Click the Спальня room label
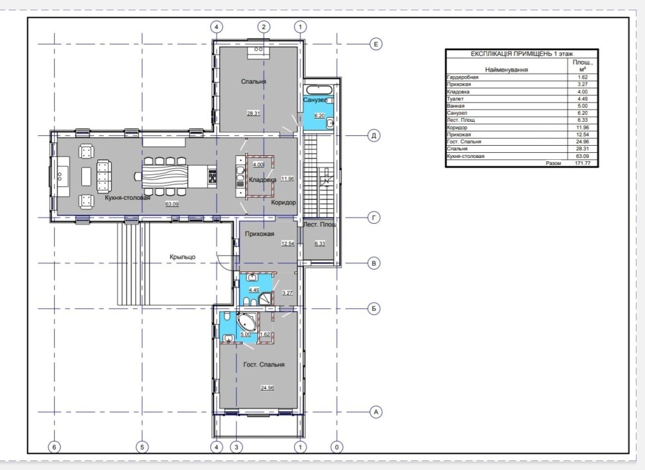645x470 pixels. pos(253,81)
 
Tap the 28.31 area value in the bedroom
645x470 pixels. pos(253,113)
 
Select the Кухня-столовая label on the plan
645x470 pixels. pos(127,198)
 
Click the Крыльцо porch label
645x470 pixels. pos(183,257)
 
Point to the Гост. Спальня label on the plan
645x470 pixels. pos(264,365)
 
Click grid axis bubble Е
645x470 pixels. pos(375,44)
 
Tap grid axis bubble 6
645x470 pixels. pos(54,447)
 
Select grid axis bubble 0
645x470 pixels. pos(337,447)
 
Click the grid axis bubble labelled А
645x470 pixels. pos(375,411)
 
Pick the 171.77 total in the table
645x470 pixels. pos(582,163)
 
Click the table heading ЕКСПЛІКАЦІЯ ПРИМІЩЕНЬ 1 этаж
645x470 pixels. pos(522,54)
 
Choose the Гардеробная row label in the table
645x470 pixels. pos(462,77)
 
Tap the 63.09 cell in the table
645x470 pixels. pos(582,156)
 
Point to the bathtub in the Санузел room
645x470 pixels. pos(319,90)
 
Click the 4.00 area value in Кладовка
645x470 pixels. pos(258,164)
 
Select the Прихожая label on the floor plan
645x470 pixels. pos(259,235)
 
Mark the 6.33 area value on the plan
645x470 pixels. pos(320,244)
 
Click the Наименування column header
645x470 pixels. pos(506,70)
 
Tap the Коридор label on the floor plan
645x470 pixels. pos(283,202)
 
